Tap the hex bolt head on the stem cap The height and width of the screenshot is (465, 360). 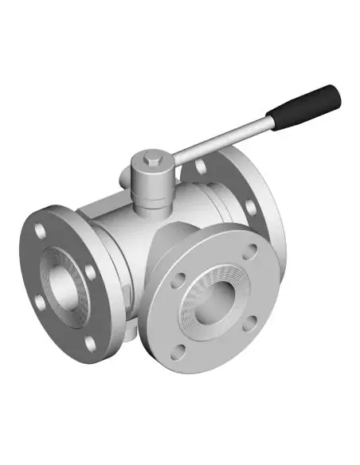[152, 164]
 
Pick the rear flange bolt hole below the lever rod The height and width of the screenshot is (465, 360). [249, 207]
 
